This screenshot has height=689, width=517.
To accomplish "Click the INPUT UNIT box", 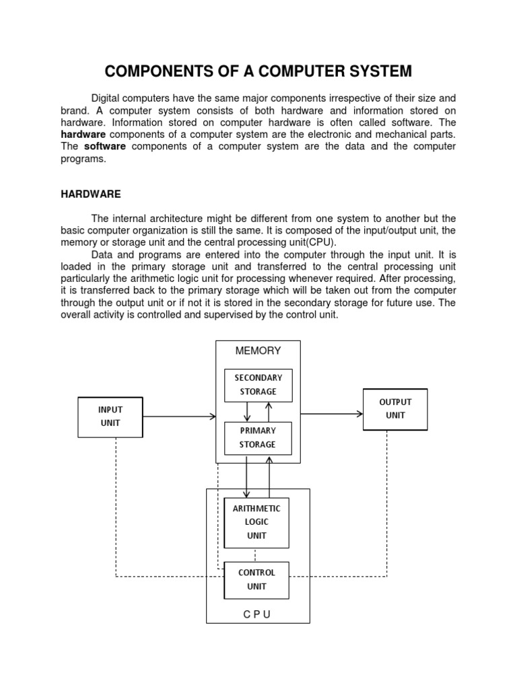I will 110,417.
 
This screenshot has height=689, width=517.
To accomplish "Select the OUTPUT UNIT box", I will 395,409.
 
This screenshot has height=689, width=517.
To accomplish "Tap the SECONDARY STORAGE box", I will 258,385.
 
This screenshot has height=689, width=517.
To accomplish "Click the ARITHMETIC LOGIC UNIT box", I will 256,523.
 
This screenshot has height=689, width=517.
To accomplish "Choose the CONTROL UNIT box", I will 256,580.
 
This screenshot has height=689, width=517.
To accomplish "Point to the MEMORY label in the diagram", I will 258,351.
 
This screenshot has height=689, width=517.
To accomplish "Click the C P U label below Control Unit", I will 258,615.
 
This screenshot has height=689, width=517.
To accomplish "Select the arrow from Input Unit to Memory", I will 179,417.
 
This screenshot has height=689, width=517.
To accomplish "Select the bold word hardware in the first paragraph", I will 83,135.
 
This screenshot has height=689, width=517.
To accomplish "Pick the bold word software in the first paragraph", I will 105,147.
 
